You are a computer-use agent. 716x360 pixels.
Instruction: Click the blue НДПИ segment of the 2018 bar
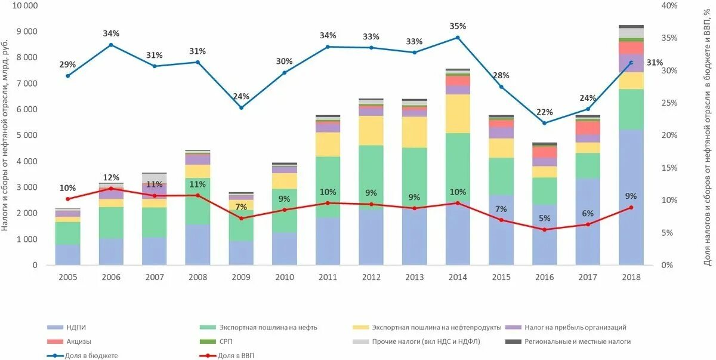coord(631,197)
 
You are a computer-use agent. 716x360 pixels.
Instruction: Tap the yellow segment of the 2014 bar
coord(458,113)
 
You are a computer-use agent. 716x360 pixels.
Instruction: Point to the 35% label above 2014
coord(458,26)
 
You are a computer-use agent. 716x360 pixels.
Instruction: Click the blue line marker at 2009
coord(241,107)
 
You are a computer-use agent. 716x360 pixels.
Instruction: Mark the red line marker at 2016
coord(544,229)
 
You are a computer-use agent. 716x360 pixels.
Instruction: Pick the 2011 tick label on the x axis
coord(327,278)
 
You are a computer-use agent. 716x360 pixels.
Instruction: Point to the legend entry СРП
coord(226,341)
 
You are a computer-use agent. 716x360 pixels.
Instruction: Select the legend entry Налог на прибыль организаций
coord(575,327)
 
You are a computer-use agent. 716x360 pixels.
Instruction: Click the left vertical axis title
coord(5,134)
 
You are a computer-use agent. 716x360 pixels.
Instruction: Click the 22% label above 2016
coord(544,112)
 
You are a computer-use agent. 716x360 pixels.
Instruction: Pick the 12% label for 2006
coord(111,178)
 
